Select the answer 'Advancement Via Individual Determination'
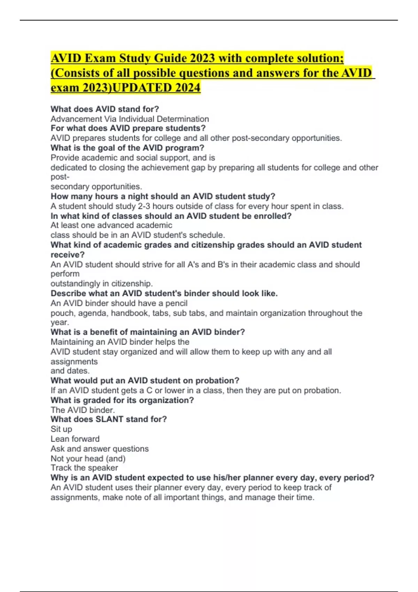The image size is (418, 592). tap(130, 119)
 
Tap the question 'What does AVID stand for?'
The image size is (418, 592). tap(105, 109)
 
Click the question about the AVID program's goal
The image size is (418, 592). tap(127, 148)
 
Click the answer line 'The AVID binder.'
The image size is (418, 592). tap(83, 410)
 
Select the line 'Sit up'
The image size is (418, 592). tap(61, 429)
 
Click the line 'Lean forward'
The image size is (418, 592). tap(75, 439)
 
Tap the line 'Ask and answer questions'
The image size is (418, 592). tap(100, 449)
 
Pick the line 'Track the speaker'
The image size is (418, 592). tap(84, 468)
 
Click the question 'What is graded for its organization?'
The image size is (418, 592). tap(122, 400)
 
